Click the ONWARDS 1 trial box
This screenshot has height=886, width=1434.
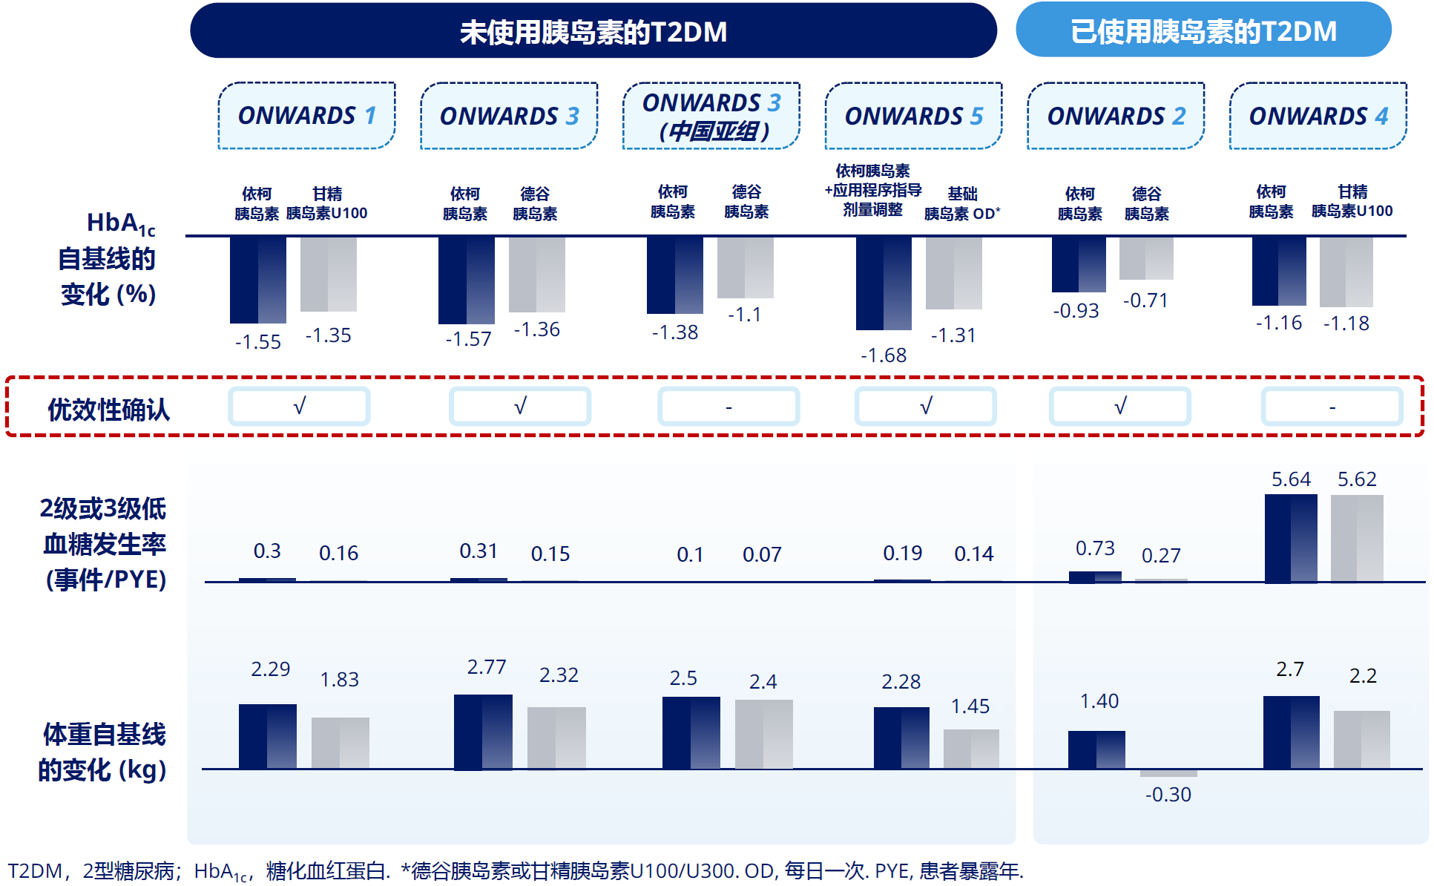click(306, 116)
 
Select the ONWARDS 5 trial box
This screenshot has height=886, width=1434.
click(913, 116)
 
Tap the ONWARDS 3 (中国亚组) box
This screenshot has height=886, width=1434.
click(711, 116)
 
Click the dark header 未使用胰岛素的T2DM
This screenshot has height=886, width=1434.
click(593, 31)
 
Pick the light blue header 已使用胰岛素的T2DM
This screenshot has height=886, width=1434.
click(1203, 30)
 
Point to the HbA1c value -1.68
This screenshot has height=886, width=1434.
click(883, 355)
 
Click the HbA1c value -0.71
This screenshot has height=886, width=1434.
click(1145, 301)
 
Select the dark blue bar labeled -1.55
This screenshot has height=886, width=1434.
click(257, 280)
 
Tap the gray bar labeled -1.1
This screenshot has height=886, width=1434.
click(745, 267)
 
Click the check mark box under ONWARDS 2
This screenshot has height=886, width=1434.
click(1119, 407)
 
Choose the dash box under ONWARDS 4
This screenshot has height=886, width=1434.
click(1332, 407)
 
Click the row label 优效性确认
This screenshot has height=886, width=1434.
click(108, 409)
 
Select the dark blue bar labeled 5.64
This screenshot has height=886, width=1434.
click(1291, 538)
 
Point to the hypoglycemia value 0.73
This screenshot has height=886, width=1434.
click(1095, 548)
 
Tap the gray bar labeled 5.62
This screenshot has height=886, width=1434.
click(1356, 538)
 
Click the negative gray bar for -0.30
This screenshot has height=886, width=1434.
click(1168, 773)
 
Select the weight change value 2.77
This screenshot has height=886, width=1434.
click(486, 667)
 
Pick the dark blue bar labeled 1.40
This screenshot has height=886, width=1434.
click(1096, 749)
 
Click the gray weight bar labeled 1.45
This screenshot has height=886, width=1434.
click(971, 749)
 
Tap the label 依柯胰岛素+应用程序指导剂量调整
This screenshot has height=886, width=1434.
click(872, 191)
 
